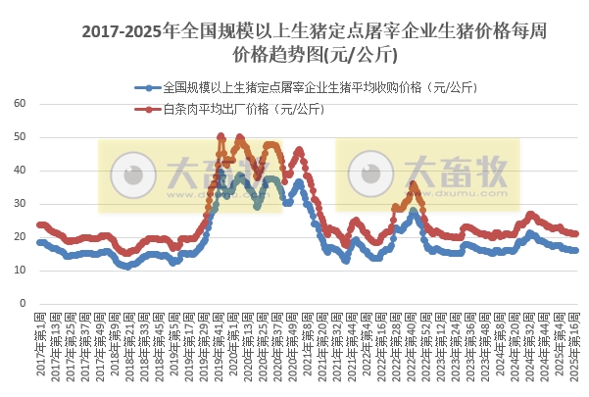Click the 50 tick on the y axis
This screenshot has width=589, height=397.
click(20, 137)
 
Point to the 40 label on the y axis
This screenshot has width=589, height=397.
click(20, 171)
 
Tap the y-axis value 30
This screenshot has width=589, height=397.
click(20, 204)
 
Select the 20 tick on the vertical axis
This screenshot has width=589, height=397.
click(20, 237)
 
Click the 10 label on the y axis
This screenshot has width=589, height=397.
click(20, 271)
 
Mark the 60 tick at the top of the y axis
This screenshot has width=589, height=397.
click(20, 104)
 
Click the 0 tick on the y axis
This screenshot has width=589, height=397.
click(23, 304)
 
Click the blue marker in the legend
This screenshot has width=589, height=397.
click(148, 87)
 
